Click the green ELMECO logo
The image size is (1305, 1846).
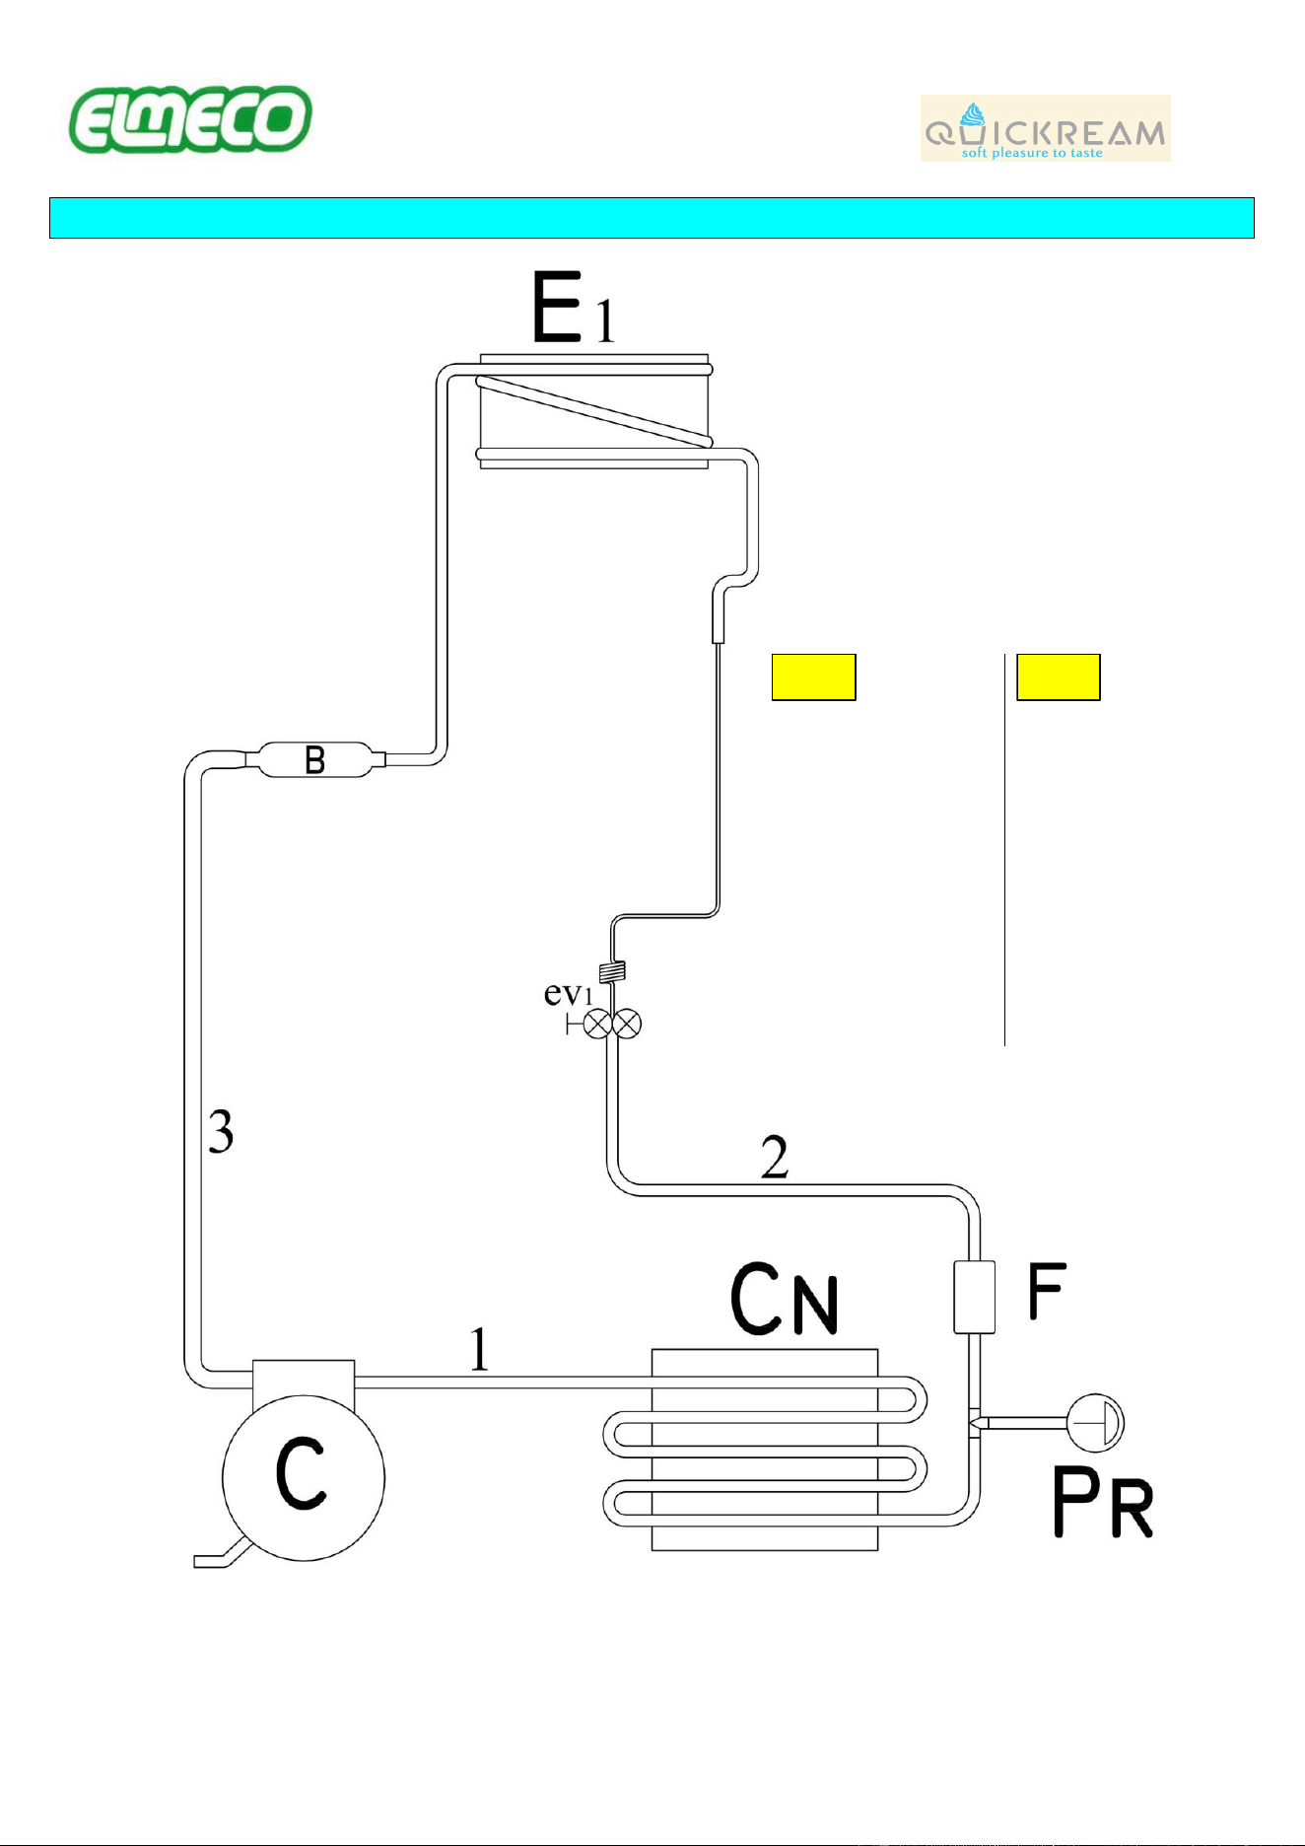[190, 119]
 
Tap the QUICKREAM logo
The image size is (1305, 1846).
[1045, 128]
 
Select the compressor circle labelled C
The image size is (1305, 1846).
[304, 1477]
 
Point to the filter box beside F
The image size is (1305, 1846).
[974, 1297]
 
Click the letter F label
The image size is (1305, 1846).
[1047, 1291]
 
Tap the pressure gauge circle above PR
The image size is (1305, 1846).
[1096, 1422]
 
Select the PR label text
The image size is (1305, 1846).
[1103, 1502]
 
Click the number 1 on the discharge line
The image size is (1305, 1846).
[479, 1349]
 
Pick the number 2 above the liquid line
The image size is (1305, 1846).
[775, 1157]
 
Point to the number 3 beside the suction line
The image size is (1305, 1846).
[221, 1131]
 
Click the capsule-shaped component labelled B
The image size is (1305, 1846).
[314, 759]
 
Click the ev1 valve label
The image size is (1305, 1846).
[569, 993]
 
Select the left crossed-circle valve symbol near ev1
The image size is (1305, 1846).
[596, 1025]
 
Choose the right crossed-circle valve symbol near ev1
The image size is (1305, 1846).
[627, 1025]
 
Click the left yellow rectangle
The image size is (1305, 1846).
[813, 676]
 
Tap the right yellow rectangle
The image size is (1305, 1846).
[1059, 676]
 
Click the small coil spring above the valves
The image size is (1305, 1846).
[612, 971]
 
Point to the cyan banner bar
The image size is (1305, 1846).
[652, 218]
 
